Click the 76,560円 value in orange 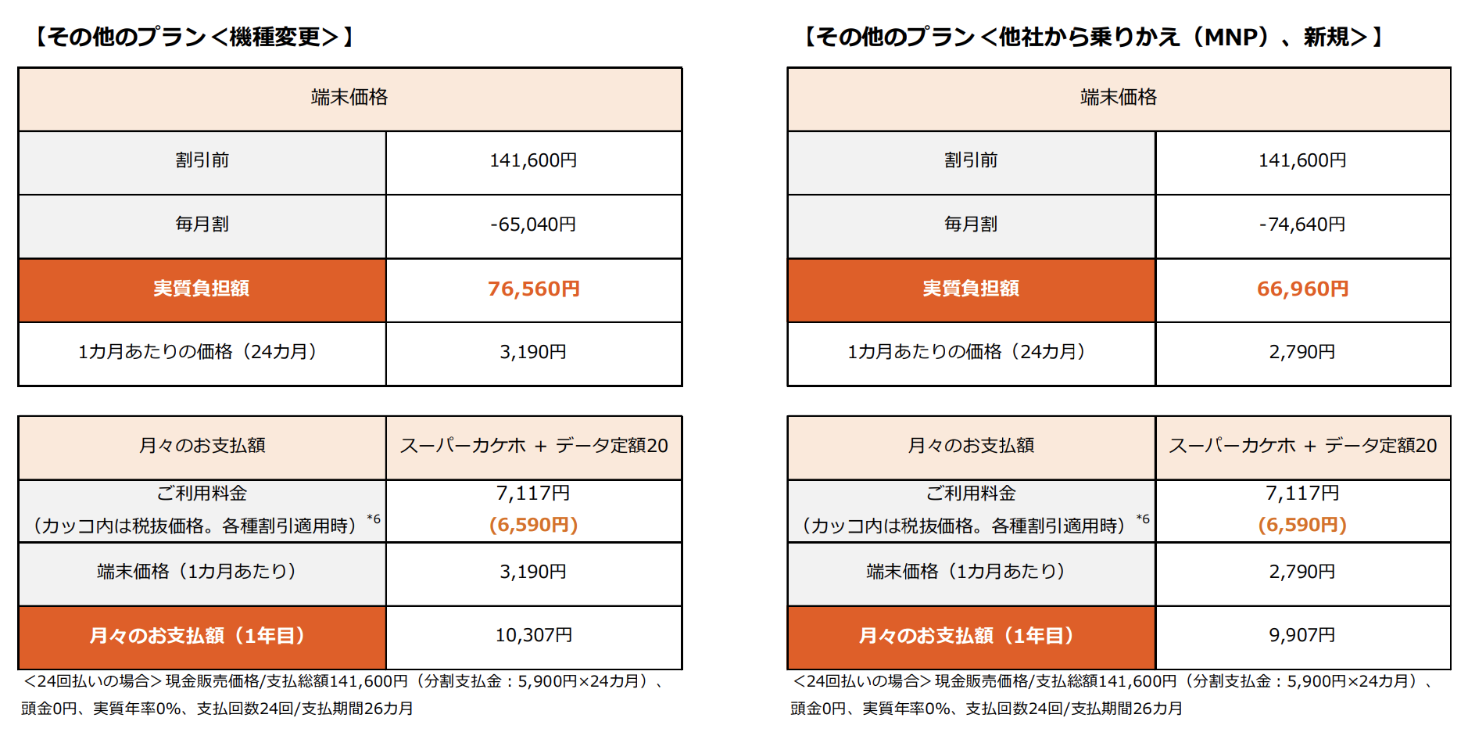pos(533,289)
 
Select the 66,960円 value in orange pos(1302,289)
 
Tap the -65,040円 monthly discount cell pos(533,224)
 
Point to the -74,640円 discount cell pos(1302,224)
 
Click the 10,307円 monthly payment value pos(533,635)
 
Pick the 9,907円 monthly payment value pos(1302,635)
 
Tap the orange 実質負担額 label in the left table pos(202,289)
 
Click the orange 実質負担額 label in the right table pos(971,289)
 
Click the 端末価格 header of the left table pos(349,98)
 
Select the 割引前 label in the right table pos(971,160)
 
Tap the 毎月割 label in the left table pos(202,224)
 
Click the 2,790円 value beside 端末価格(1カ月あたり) pos(1302,572)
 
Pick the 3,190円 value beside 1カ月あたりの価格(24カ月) pos(533,352)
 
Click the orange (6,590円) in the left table pos(533,525)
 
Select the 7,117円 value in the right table pos(1302,494)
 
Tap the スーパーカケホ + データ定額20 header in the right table pos(1302,446)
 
